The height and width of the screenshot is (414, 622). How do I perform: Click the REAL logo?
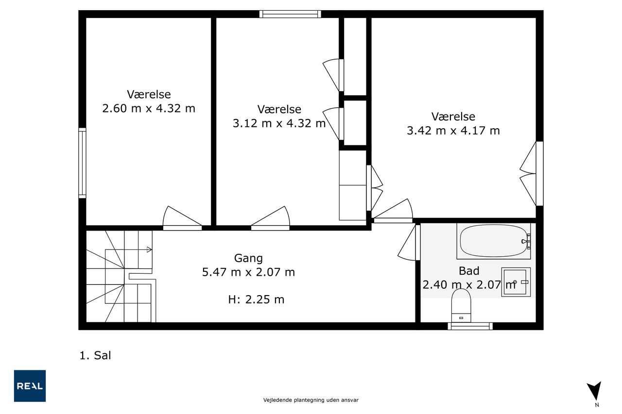[30, 386]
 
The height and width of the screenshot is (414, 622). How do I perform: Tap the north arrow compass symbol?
[594, 391]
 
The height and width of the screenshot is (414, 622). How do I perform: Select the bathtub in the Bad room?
[493, 241]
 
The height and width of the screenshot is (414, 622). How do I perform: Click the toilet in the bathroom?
[461, 305]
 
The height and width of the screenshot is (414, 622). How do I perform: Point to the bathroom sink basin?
[516, 282]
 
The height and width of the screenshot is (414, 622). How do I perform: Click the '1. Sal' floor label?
[95, 355]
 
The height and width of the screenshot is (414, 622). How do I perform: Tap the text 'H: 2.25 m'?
[256, 299]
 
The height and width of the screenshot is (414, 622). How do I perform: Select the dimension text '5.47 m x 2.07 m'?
[248, 272]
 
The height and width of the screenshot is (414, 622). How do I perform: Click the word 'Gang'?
[248, 258]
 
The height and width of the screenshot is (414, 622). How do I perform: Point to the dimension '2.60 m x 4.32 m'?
[149, 108]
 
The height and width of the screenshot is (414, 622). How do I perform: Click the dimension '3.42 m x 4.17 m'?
[453, 131]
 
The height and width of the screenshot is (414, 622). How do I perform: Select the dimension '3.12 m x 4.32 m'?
[279, 123]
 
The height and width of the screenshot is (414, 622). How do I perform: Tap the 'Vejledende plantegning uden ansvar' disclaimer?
[311, 400]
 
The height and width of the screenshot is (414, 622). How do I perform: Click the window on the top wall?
[290, 14]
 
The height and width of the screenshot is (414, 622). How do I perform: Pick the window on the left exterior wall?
[82, 163]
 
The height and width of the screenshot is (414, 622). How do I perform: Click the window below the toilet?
[470, 326]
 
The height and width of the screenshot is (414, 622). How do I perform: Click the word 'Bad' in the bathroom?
[469, 271]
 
